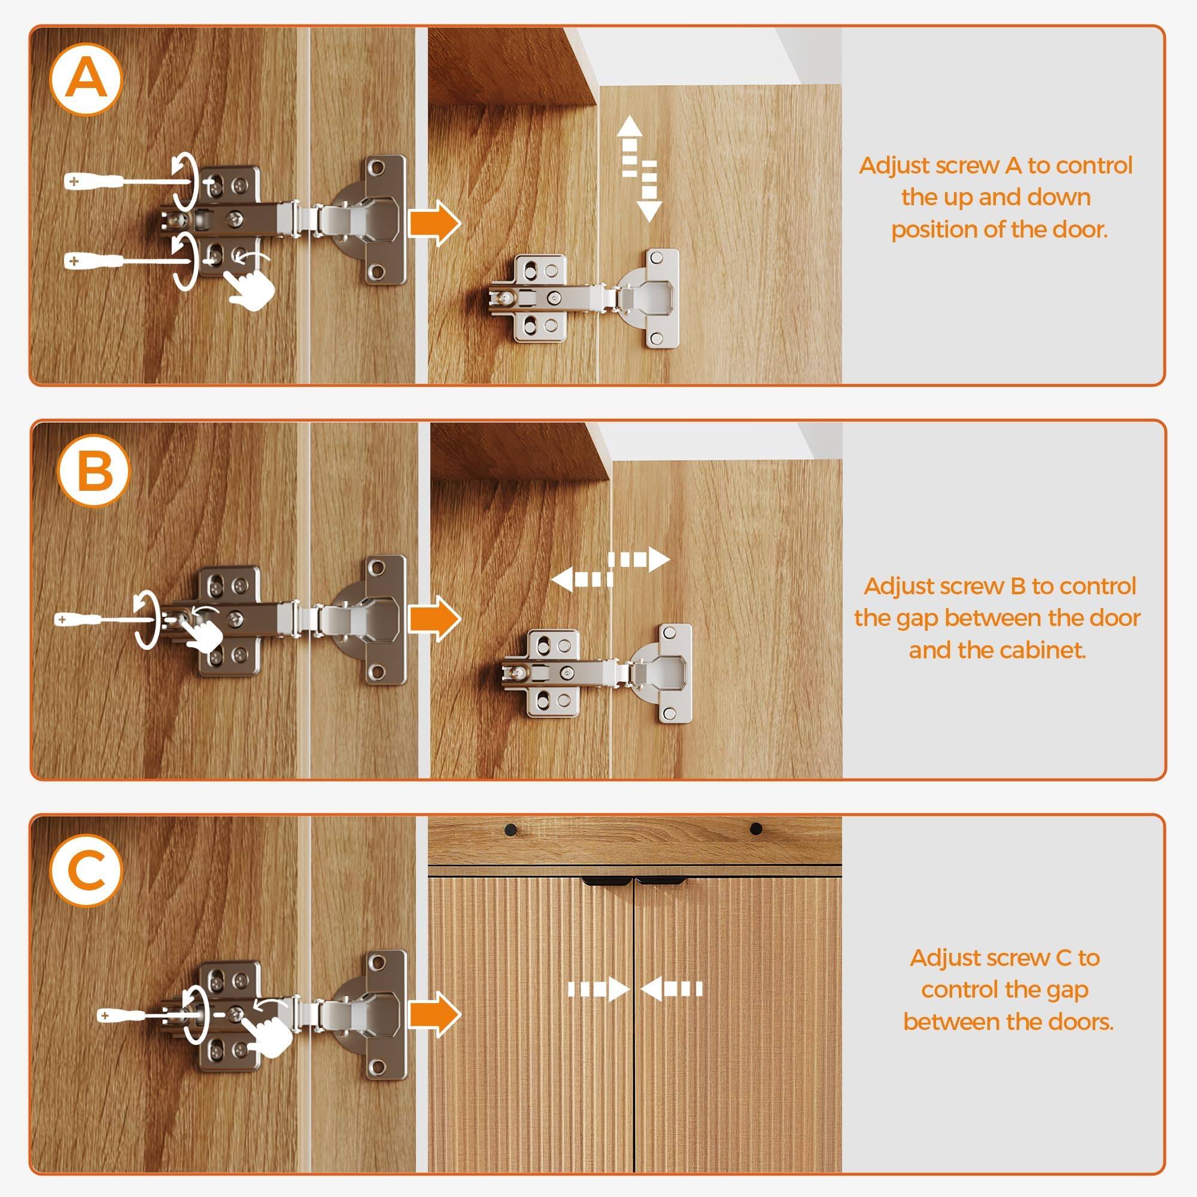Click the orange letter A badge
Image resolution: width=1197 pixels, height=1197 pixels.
86,80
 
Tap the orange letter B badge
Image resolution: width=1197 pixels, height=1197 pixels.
94,472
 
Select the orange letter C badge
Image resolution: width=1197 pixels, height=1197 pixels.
87,870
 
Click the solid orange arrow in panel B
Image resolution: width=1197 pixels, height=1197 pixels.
435,618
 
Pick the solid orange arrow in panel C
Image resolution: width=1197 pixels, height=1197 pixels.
435,1014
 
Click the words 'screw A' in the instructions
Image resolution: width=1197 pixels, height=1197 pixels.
979,165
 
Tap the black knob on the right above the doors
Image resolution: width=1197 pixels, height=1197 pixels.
756,828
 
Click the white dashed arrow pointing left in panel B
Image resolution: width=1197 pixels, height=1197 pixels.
581,579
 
